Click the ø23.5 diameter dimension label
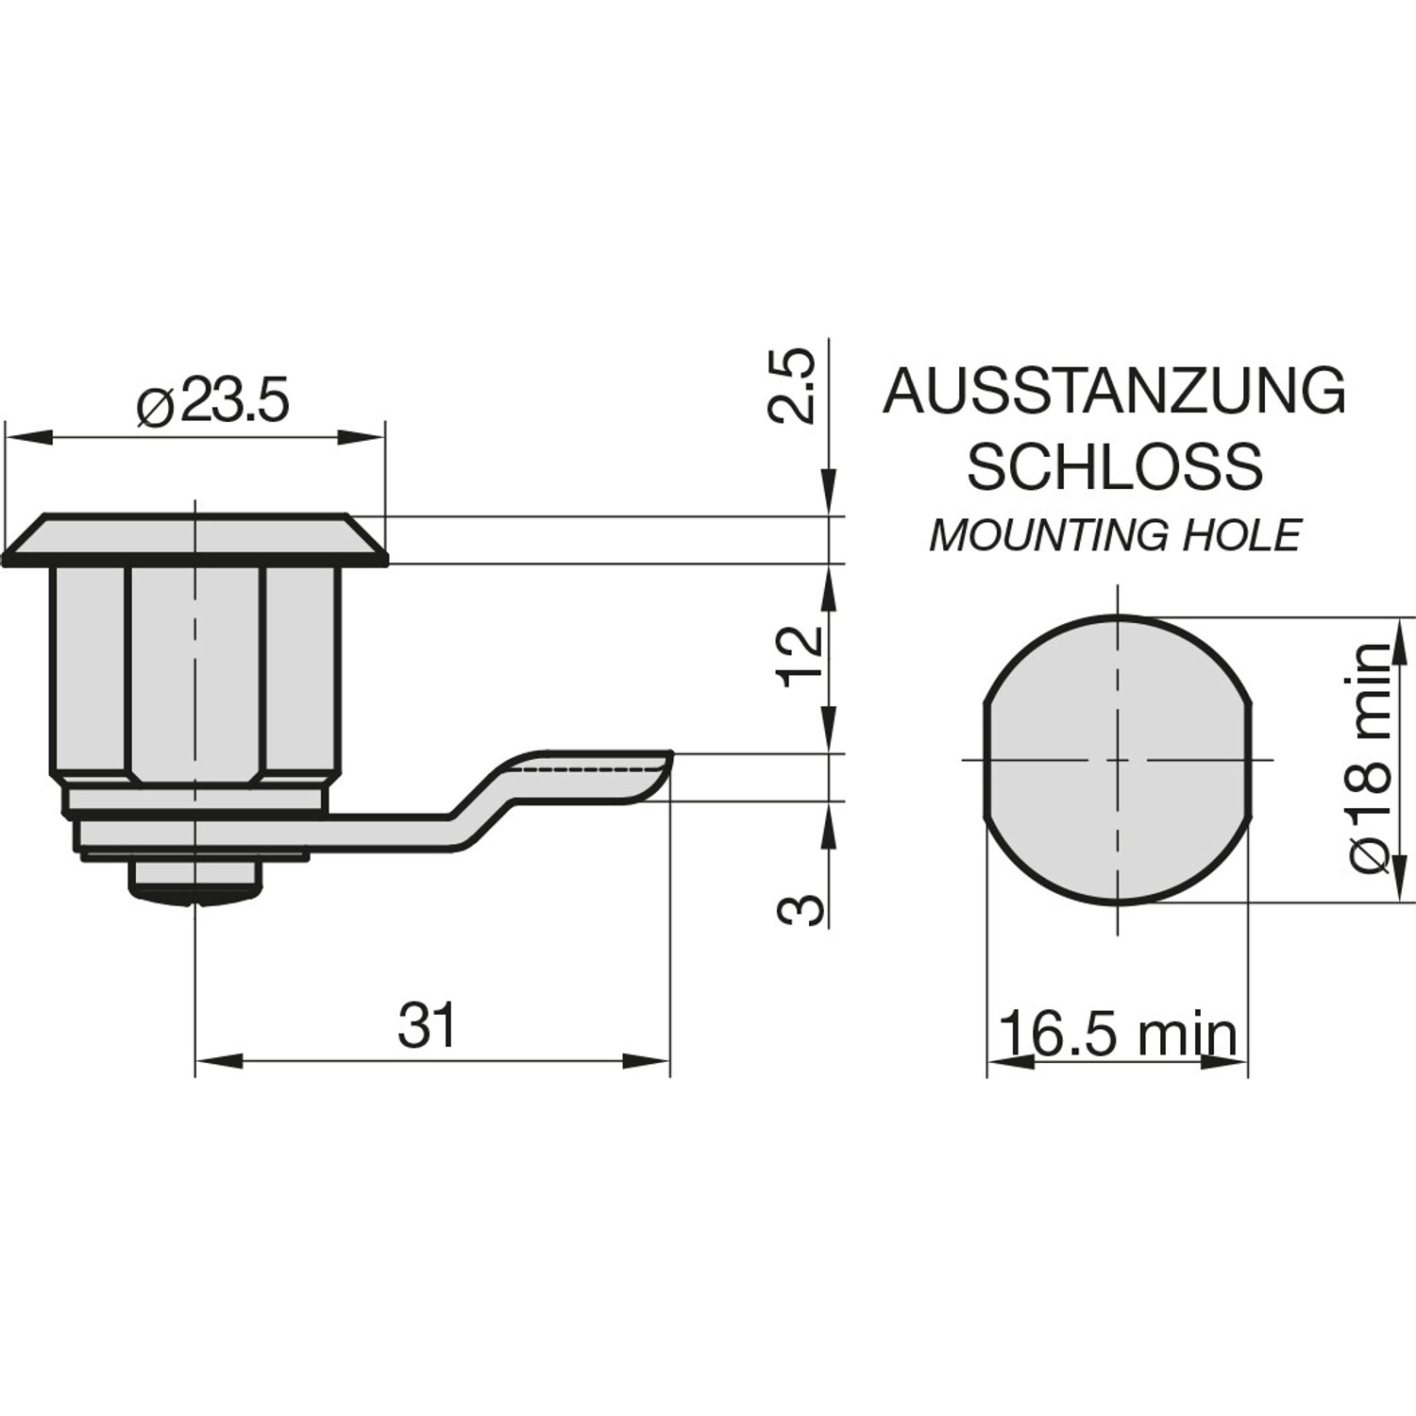(x=212, y=403)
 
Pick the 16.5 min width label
(x=1117, y=1034)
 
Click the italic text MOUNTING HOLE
(x=1115, y=536)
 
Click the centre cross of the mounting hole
(x=1118, y=759)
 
